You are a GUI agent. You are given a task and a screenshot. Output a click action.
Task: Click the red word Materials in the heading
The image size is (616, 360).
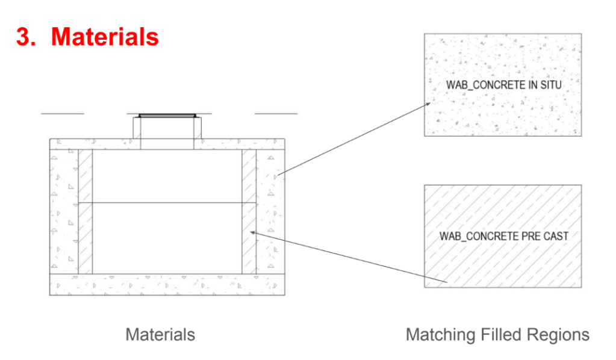[x=105, y=37]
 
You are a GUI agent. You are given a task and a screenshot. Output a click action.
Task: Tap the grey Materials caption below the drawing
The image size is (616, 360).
[x=160, y=335]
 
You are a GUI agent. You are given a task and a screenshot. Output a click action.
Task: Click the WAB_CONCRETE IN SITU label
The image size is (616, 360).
[x=503, y=85]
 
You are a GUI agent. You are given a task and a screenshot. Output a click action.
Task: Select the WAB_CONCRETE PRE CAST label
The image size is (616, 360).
[x=504, y=236]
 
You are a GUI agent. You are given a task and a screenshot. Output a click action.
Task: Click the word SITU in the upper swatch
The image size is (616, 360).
[x=551, y=85]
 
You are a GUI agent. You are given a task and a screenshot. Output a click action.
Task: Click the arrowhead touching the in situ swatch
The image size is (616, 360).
[x=428, y=104]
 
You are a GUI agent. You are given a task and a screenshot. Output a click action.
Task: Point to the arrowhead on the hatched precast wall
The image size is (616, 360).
[x=254, y=233]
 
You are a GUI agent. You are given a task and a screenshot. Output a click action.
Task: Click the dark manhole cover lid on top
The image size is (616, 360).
[x=167, y=116]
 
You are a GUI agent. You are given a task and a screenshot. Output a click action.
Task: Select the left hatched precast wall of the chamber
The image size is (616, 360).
[x=86, y=211]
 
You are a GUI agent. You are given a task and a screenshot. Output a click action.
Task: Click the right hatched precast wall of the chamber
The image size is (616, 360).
[x=249, y=211]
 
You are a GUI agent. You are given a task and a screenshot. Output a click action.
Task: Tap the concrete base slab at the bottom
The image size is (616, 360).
[x=167, y=285]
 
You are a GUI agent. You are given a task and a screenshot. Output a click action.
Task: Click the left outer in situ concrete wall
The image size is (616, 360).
[x=64, y=211]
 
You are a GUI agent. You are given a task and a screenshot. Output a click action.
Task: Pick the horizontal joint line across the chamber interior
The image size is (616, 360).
[x=167, y=202]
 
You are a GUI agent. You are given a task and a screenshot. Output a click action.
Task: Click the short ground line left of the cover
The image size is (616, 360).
[x=63, y=113]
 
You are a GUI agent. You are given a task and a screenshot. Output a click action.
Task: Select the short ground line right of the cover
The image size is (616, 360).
[x=276, y=113]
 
